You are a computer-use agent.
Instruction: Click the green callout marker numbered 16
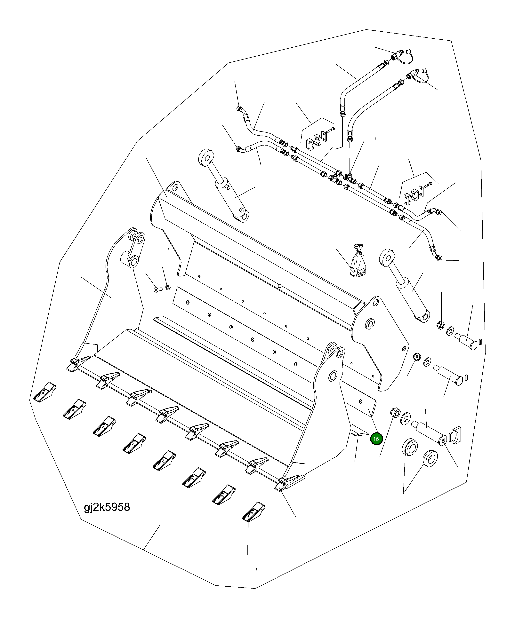pos(376,439)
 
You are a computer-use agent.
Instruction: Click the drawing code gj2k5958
pos(107,507)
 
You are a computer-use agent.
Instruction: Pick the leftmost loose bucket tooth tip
pos(44,392)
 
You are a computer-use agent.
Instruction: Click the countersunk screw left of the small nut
pos(157,289)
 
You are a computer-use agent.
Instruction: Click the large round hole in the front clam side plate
pos(333,375)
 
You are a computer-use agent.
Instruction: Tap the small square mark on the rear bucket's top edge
pos(279,286)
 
